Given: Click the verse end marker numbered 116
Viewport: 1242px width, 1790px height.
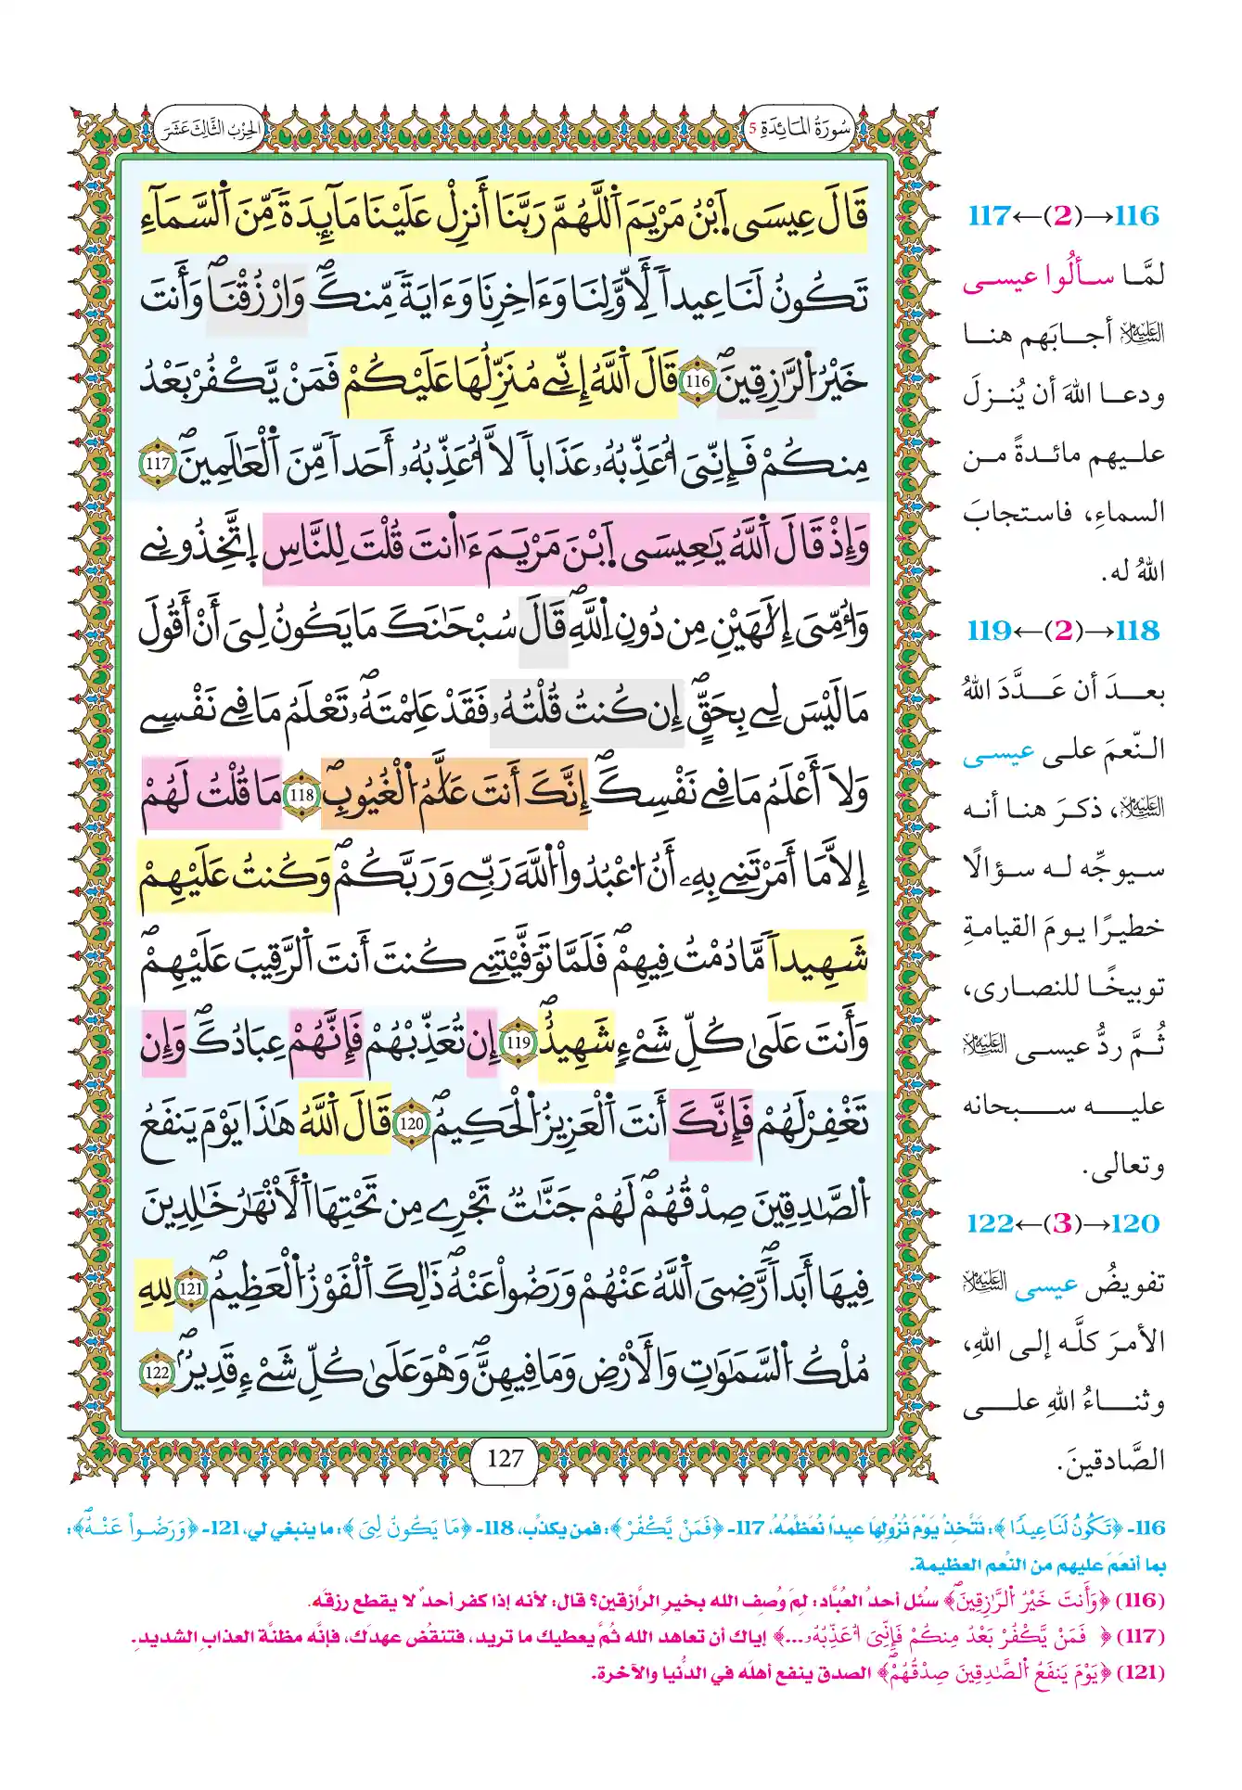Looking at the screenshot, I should point(696,381).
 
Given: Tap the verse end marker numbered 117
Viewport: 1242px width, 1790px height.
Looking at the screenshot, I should point(158,464).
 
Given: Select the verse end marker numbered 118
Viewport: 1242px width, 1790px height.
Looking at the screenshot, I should point(301,796).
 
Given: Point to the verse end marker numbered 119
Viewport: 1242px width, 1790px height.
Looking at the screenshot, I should point(518,1042).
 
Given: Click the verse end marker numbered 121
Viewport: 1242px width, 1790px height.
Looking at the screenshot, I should point(191,1289).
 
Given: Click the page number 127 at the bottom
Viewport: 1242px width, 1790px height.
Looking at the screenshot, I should point(505,1459).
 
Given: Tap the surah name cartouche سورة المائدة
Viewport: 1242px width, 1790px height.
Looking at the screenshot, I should point(799,129).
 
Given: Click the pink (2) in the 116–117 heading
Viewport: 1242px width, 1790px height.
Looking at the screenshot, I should point(1062,216).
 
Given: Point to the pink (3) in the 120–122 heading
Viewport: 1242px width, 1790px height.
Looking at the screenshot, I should point(1062,1223).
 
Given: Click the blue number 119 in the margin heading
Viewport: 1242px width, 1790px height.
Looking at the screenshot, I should point(989,631).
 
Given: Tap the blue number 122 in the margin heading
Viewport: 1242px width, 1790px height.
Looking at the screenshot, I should point(989,1223).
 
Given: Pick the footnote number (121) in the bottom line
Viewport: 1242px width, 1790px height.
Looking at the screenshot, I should point(1141,1672).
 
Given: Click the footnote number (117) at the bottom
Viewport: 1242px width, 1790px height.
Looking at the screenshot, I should point(1141,1637).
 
